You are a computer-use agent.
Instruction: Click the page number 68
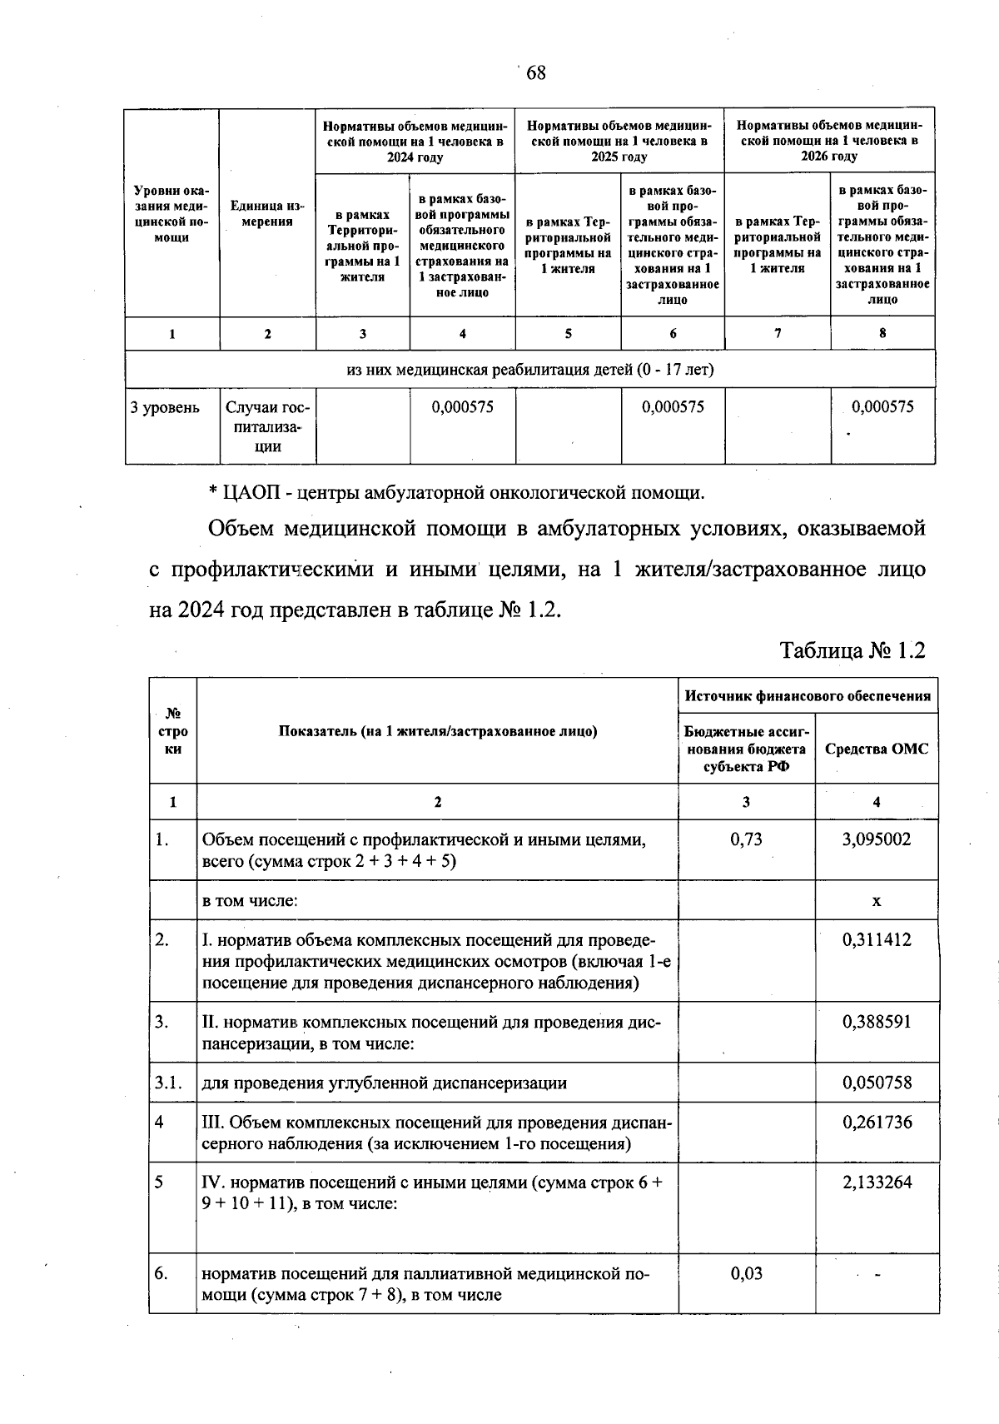535,73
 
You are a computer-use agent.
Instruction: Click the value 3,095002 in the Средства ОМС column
876,839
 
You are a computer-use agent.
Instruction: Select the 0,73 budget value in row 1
746,839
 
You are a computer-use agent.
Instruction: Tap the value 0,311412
876,940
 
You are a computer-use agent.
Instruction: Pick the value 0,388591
876,1022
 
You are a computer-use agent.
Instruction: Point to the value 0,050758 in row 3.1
876,1083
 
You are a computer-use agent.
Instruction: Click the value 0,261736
876,1122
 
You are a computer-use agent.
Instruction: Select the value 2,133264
876,1182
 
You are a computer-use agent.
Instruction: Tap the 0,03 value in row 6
746,1273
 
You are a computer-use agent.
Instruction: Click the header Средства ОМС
876,749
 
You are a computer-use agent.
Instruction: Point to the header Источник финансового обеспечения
808,696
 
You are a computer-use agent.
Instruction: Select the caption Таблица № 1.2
852,650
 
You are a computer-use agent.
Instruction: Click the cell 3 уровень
165,407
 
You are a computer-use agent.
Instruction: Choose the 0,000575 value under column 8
882,406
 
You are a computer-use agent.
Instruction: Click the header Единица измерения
267,213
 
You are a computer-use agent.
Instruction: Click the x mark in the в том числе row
876,900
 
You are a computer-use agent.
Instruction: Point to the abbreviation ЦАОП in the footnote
251,492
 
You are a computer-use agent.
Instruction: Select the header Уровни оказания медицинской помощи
171,214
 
